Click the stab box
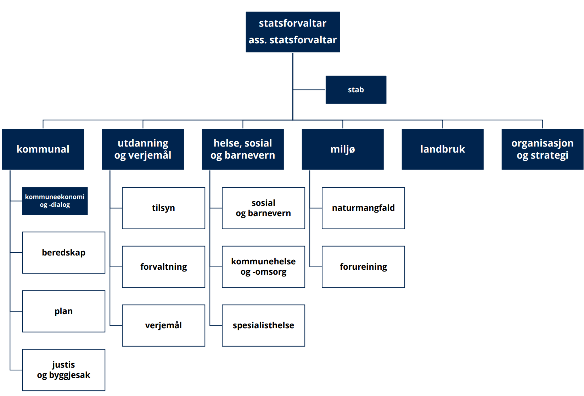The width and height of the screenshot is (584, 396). click(356, 90)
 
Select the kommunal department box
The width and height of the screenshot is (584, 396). click(43, 149)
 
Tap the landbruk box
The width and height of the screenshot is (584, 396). click(443, 149)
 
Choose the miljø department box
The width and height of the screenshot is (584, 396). click(343, 149)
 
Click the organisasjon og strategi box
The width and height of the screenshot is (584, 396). click(542, 149)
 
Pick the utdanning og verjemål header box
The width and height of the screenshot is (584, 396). click(143, 149)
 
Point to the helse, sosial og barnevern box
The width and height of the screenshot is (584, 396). click(243, 149)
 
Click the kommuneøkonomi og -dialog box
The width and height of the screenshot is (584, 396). click(55, 201)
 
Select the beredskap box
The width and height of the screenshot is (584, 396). click(64, 253)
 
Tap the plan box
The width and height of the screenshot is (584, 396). click(64, 312)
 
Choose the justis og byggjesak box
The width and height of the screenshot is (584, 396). click(64, 370)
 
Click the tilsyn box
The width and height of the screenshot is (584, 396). click(163, 208)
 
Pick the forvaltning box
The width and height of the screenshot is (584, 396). click(163, 267)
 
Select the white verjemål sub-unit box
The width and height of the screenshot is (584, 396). click(163, 325)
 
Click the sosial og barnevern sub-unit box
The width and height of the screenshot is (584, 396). click(263, 208)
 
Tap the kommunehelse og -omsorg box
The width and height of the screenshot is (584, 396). click(263, 267)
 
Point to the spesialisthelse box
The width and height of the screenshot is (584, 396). click(263, 325)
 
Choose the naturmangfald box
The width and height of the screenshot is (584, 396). click(364, 208)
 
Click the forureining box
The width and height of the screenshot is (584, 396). click(364, 267)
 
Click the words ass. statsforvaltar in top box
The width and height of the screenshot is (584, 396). click(292, 40)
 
